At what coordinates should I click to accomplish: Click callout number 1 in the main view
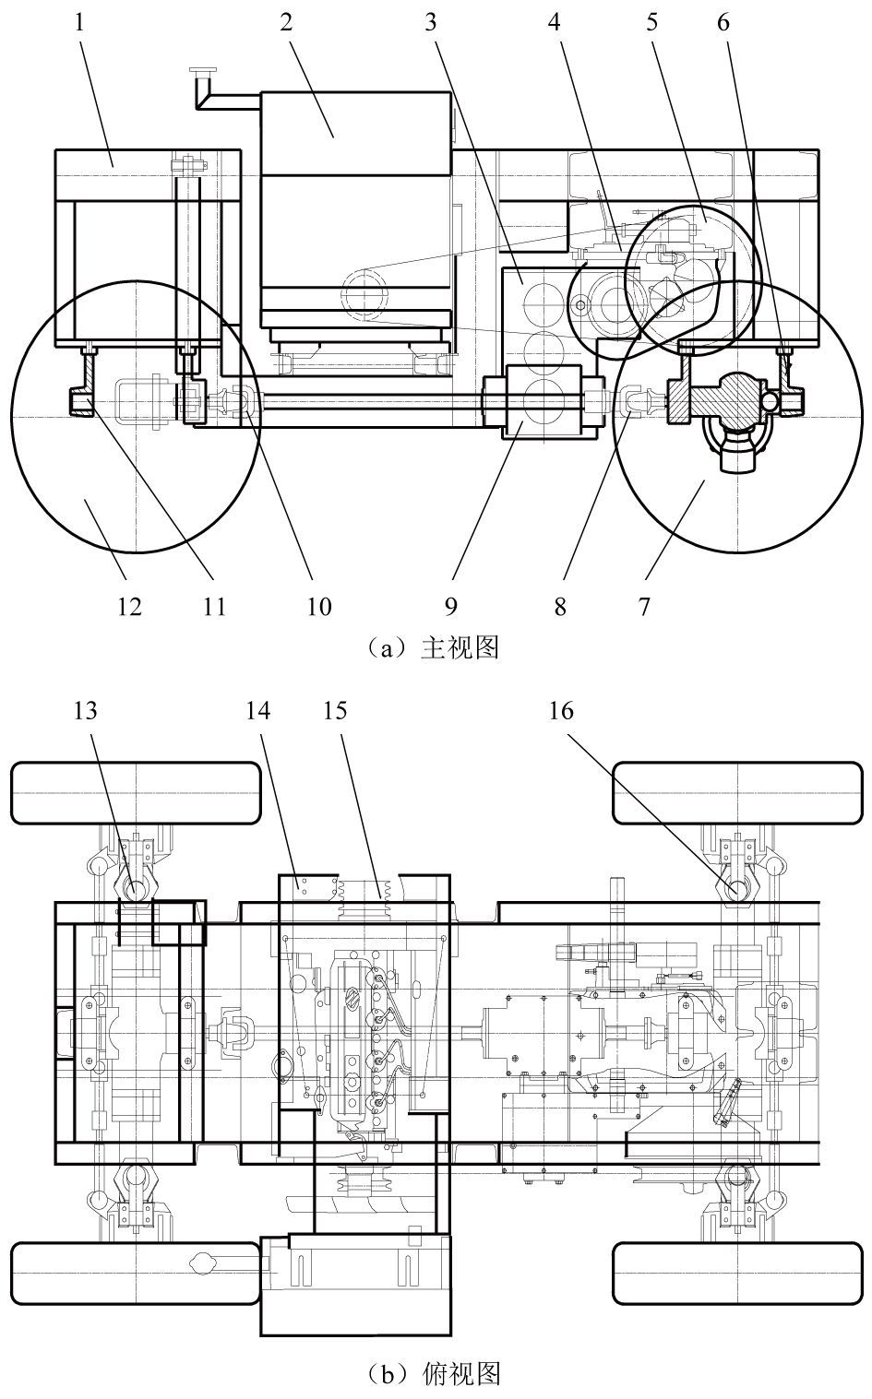[79, 22]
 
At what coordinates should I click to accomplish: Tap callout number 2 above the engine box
[286, 22]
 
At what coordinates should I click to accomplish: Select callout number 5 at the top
[652, 22]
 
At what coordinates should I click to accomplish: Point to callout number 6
[723, 22]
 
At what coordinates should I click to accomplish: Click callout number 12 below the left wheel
[129, 606]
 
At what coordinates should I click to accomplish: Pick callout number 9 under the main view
[450, 606]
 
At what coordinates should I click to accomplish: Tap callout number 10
[318, 606]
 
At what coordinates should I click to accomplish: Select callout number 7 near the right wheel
[644, 606]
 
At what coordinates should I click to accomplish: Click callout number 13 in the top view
[86, 710]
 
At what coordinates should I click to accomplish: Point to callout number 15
[335, 710]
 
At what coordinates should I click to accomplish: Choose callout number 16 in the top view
[561, 710]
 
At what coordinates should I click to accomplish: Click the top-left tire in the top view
[136, 793]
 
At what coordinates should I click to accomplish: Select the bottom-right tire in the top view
[737, 1273]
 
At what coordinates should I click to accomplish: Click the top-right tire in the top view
[737, 793]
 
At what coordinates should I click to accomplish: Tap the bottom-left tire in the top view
[136, 1273]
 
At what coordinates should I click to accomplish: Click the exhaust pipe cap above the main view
[202, 71]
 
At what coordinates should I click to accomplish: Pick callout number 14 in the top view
[257, 710]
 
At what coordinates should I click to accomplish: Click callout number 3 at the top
[431, 22]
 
